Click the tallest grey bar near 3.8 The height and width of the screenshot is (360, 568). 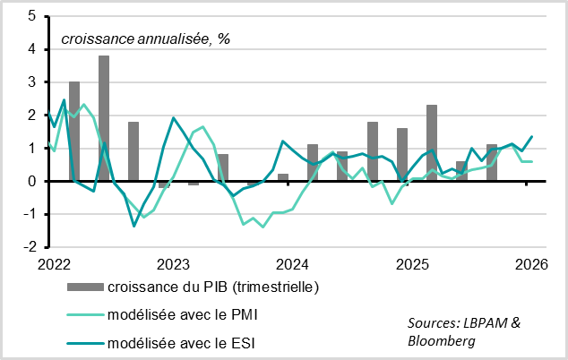(104, 118)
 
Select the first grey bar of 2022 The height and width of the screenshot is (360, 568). (74, 132)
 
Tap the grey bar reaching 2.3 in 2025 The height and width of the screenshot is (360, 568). (432, 143)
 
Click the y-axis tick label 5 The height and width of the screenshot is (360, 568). (32, 16)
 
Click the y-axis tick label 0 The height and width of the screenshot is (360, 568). (32, 181)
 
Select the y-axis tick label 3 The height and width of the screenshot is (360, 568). (32, 82)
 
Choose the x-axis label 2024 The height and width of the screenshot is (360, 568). (292, 264)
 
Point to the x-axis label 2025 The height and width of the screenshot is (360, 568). (411, 264)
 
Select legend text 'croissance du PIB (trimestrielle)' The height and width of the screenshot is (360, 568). (212, 287)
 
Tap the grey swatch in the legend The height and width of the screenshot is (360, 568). (84, 287)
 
